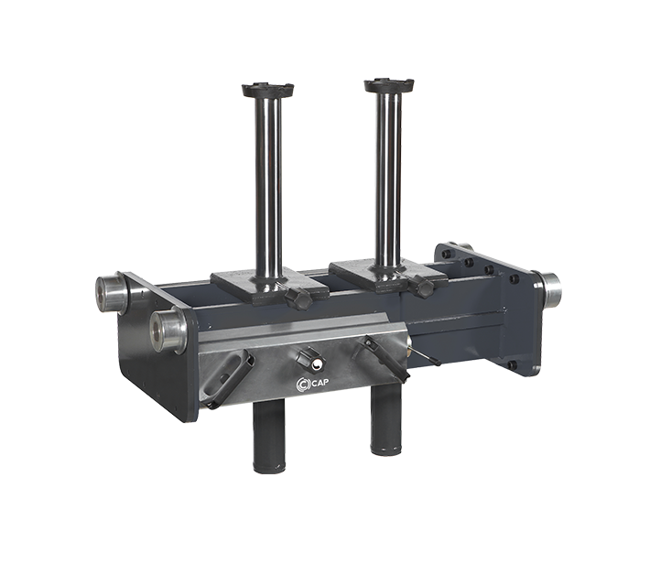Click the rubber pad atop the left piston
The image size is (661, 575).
(267, 90)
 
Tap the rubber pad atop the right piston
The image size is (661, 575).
(390, 85)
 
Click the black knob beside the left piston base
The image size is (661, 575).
(298, 298)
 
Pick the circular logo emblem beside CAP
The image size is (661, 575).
(303, 384)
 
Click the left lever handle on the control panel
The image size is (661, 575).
(230, 378)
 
